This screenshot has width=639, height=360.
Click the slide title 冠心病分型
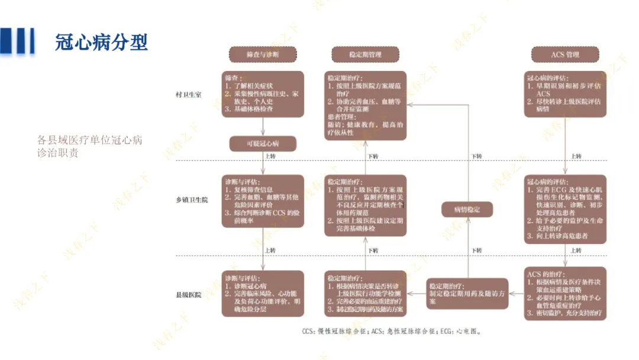tap(102, 42)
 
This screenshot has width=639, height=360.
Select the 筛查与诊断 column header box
tap(262, 54)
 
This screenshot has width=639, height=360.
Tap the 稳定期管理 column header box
tap(365, 54)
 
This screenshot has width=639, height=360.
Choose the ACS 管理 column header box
tap(564, 54)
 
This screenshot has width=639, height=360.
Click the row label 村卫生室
tap(188, 95)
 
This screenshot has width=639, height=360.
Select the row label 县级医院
tap(188, 294)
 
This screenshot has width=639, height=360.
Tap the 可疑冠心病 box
tap(262, 144)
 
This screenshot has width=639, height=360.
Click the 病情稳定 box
tap(467, 210)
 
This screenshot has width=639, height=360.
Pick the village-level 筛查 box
tap(263, 94)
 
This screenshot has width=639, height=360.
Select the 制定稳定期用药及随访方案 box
tap(467, 293)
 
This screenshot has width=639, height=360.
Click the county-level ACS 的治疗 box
tap(565, 294)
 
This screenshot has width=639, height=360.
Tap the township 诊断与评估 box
tap(263, 200)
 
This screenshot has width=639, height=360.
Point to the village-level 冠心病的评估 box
tap(565, 94)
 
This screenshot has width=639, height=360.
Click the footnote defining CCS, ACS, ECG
tap(391, 332)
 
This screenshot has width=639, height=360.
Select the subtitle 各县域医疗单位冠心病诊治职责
tap(90, 146)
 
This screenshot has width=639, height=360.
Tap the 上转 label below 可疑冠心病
tap(270, 156)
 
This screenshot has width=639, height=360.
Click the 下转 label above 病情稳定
tap(476, 156)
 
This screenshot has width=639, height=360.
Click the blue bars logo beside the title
tap(18, 41)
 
